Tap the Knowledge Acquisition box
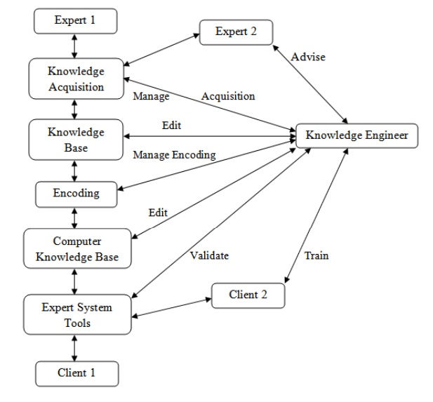tap(76, 79)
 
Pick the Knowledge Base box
tap(76, 139)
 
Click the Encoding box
tap(76, 194)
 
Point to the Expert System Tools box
tap(76, 315)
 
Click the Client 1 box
tap(76, 372)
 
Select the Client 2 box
tap(248, 295)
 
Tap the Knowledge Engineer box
tap(357, 135)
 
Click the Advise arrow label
tap(309, 58)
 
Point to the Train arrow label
tap(317, 256)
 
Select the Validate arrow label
tap(209, 255)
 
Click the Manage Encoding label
tap(173, 155)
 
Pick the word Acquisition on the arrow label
tap(228, 95)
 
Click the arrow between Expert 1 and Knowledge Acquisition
tap(76, 46)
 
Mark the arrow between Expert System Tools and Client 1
tap(76, 347)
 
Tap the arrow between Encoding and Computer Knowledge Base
tap(76, 217)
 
